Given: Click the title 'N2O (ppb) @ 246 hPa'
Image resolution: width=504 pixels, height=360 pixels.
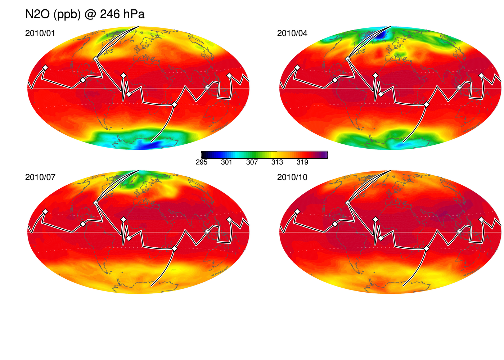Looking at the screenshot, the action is (85, 14).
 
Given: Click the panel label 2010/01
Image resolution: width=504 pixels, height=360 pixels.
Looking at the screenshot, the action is (40, 33).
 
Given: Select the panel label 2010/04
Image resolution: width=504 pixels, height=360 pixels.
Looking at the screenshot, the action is (292, 33).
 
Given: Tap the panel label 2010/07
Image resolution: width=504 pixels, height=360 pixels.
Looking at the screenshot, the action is (40, 177).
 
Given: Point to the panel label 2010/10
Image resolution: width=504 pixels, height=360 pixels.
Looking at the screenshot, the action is (292, 177).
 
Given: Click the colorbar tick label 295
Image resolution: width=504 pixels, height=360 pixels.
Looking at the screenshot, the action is (201, 162).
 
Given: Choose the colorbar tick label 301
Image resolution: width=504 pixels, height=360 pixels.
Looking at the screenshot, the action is (226, 162).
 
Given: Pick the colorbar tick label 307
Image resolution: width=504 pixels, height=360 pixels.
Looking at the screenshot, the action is (252, 162).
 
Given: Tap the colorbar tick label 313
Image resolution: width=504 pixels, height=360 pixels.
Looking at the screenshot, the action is (277, 162).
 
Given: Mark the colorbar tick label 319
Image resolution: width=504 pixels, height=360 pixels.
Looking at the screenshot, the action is (302, 162).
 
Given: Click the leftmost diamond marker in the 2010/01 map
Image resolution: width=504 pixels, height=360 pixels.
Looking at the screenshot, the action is (45, 68).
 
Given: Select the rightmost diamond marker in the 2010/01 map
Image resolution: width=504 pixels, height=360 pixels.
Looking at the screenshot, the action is (229, 75).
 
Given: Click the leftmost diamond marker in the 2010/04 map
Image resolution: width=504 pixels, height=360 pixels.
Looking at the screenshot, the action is (297, 68).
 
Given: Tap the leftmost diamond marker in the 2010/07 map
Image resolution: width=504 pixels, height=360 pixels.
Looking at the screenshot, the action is (45, 212).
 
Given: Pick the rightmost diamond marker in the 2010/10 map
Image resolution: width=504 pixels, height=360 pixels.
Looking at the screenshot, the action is (481, 219).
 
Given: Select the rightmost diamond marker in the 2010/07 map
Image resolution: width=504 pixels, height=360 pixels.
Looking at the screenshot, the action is (229, 219).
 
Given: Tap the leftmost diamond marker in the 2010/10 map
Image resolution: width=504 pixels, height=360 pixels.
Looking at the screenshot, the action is (297, 212).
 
